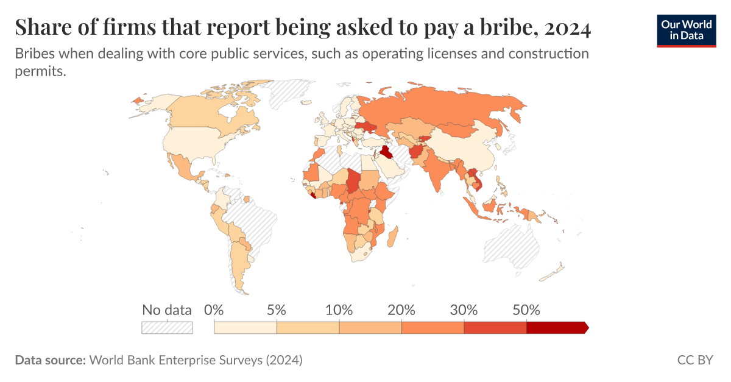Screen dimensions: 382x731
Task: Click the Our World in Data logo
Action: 687,30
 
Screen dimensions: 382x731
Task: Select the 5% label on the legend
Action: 277,309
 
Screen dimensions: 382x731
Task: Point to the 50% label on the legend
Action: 526,309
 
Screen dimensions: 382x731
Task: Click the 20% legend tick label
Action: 401,309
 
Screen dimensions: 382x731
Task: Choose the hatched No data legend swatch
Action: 167,328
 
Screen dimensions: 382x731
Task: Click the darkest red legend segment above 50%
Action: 556,328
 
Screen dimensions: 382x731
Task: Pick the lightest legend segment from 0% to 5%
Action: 245,328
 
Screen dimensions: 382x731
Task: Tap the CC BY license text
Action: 694,360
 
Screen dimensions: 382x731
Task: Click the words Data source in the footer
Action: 50,360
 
